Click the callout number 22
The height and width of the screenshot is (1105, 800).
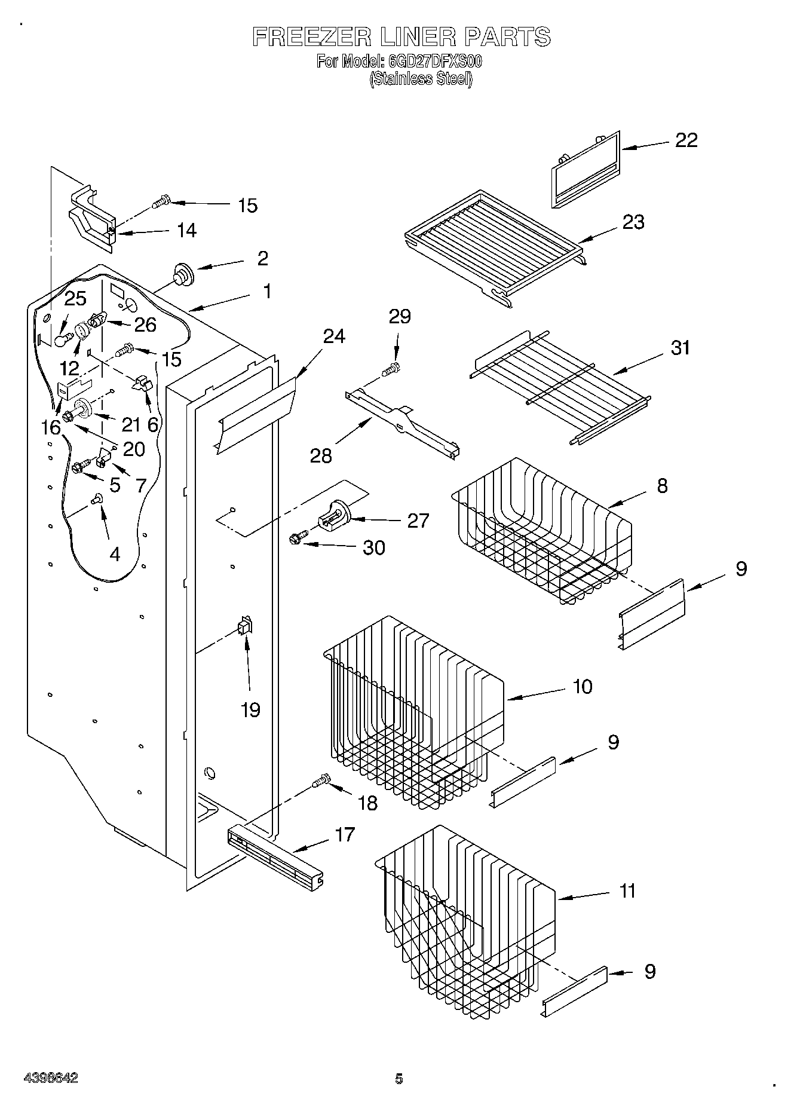(x=686, y=140)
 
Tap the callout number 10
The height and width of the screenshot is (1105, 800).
(x=582, y=686)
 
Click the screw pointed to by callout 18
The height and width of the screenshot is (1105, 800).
(x=320, y=780)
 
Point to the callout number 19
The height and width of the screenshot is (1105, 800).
(x=250, y=710)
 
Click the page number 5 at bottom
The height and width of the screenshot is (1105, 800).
(x=399, y=1079)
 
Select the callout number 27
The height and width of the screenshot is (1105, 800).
(x=418, y=521)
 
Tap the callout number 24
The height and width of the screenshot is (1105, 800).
(x=334, y=336)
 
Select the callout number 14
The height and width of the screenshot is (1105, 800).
(x=187, y=230)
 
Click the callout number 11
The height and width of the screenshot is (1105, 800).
(x=627, y=891)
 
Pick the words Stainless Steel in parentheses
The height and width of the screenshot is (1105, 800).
(x=421, y=79)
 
